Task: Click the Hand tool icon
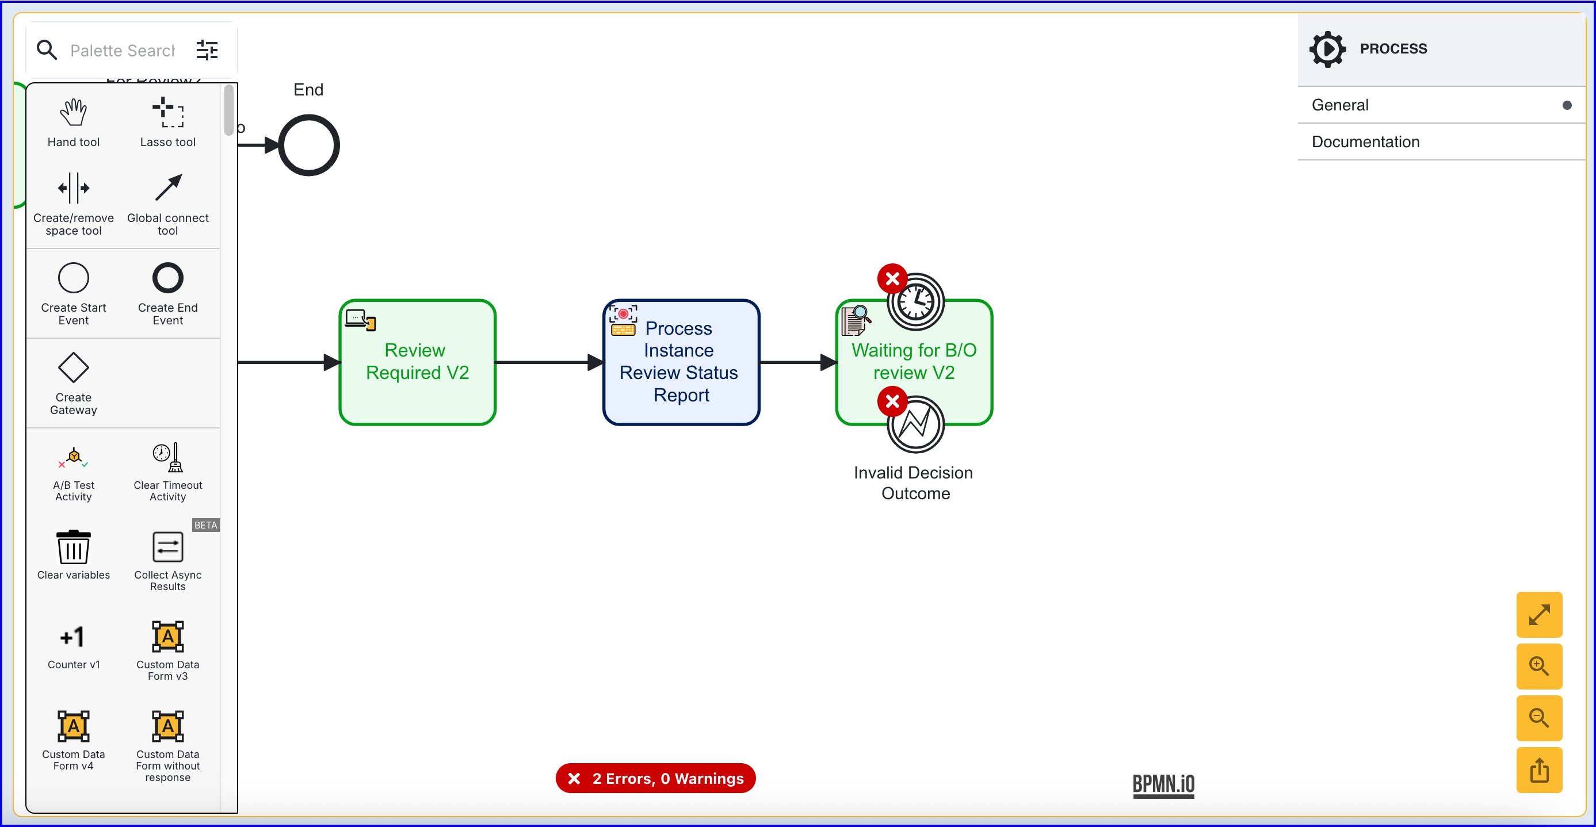[x=73, y=113]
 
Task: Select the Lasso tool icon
[x=168, y=113]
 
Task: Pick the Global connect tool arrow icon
[x=168, y=187]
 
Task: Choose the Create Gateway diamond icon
[x=73, y=367]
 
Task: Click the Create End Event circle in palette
[x=168, y=278]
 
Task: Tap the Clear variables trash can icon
[x=73, y=547]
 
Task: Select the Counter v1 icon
[x=73, y=637]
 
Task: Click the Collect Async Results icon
[x=168, y=547]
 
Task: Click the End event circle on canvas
[x=308, y=145]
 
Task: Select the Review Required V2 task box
[x=418, y=362]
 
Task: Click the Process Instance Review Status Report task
[x=681, y=362]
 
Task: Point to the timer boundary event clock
[x=916, y=302]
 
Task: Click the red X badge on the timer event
[x=892, y=279]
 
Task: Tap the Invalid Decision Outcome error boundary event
[x=916, y=425]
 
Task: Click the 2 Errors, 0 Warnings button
[x=655, y=778]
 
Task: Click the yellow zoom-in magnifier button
[x=1538, y=667]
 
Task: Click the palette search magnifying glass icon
[x=47, y=49]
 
